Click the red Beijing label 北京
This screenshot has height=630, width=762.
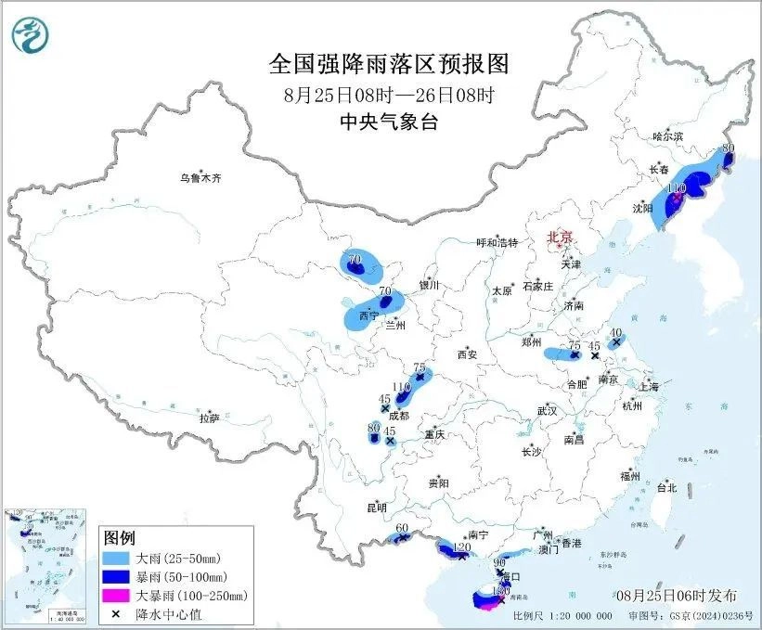pyautogui.click(x=561, y=237)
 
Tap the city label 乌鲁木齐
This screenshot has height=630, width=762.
pyautogui.click(x=200, y=177)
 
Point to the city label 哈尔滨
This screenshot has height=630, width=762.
pyautogui.click(x=667, y=135)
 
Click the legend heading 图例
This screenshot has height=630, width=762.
pyautogui.click(x=120, y=539)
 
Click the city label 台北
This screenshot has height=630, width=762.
pyautogui.click(x=666, y=487)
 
